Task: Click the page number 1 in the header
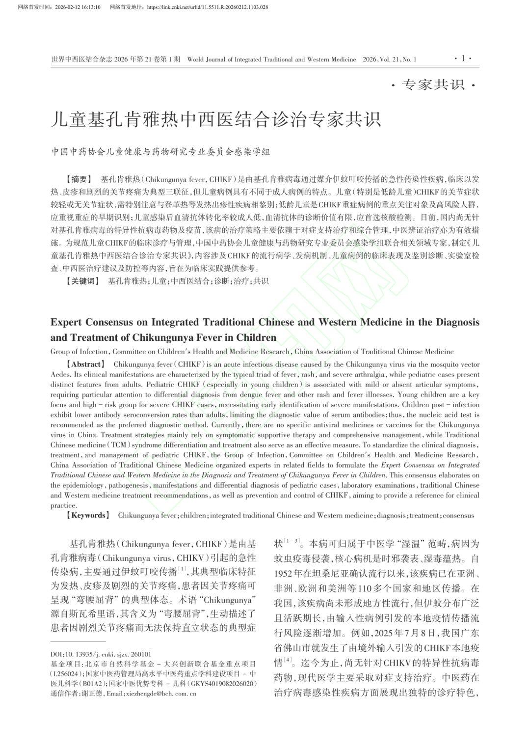[462, 58]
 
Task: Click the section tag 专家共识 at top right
[433, 85]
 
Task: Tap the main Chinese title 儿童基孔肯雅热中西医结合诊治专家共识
[215, 119]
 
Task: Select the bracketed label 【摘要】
[76, 179]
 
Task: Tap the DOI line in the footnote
[101, 654]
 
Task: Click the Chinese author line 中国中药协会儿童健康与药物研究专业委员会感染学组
[161, 151]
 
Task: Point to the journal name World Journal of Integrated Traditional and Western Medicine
[271, 59]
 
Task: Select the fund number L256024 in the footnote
[65, 674]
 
